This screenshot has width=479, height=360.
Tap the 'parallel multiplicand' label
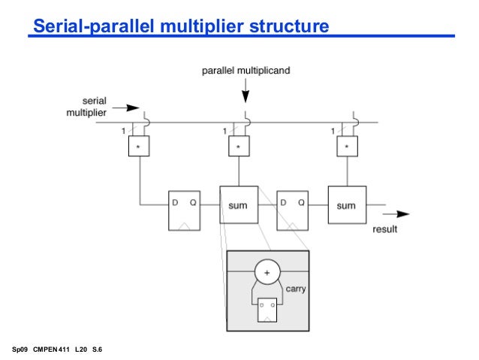(246, 71)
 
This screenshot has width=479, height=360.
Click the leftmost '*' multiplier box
(140, 147)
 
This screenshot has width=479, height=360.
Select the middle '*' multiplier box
(239, 147)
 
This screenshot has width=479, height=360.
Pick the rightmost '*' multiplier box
(346, 147)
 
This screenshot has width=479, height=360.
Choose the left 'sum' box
(239, 204)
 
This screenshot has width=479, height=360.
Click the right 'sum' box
(346, 205)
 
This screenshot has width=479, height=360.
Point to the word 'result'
(384, 229)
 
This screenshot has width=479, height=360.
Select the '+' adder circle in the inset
(267, 271)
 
